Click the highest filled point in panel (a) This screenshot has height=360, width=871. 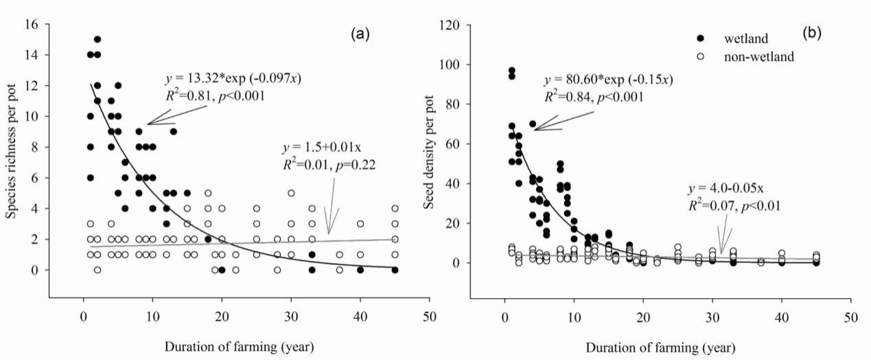pos(97,39)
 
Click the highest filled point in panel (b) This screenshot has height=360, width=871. pos(511,71)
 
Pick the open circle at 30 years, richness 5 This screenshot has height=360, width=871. pos(291,193)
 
